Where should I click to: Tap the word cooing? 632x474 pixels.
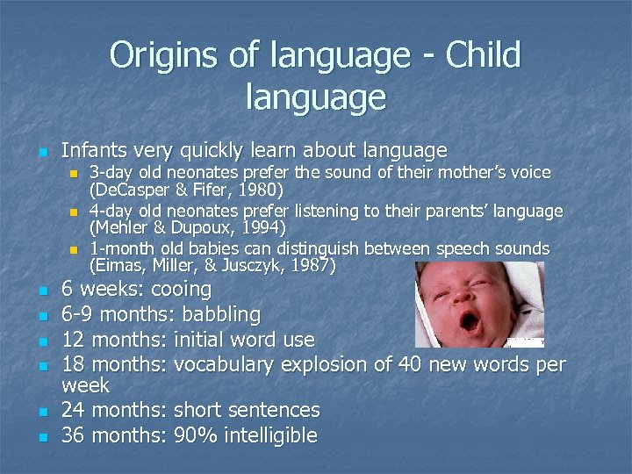(181, 289)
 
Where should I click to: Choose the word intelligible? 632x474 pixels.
(272, 434)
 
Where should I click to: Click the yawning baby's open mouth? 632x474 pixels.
(470, 322)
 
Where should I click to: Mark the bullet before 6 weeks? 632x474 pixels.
(43, 291)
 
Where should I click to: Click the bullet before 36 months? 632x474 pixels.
(43, 436)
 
